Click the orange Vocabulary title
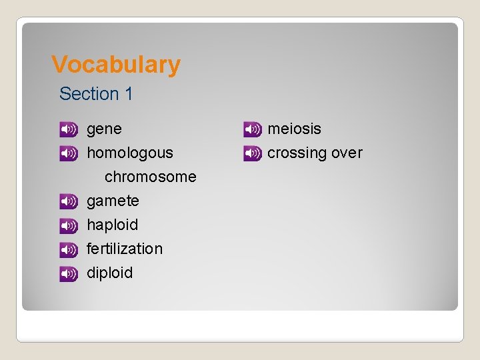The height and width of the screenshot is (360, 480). [x=116, y=65]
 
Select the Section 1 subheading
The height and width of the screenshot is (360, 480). [x=96, y=94]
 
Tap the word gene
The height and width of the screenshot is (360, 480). [x=104, y=129]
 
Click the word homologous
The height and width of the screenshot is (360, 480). [x=129, y=153]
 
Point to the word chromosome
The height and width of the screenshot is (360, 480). [x=150, y=177]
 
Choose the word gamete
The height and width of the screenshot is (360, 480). [x=113, y=201]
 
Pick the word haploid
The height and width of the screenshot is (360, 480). [x=112, y=225]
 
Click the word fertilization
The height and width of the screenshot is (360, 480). [x=124, y=249]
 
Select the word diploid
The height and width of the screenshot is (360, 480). [x=109, y=273]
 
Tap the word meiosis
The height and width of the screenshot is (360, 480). [x=294, y=129]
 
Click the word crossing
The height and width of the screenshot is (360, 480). [x=297, y=153]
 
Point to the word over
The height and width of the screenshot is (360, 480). [x=347, y=153]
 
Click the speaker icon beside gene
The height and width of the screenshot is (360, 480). [x=69, y=129]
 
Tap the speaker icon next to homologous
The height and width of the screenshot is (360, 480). [x=69, y=153]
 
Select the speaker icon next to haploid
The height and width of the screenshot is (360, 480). [x=69, y=225]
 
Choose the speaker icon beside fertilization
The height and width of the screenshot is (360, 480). [x=69, y=249]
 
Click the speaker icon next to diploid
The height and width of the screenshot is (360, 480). [x=69, y=273]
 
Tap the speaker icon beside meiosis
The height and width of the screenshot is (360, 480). [x=252, y=129]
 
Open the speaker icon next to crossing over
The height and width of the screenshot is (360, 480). [x=252, y=153]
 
